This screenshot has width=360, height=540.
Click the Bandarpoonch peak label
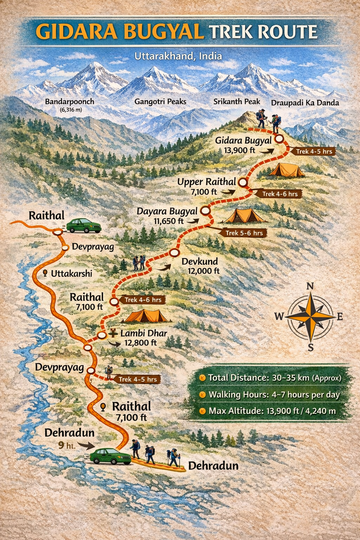pos(70,102)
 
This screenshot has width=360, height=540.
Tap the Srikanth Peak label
pos(237,102)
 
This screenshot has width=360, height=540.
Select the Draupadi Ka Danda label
pos(305,103)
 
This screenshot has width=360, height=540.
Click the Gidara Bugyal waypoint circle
pos(279,139)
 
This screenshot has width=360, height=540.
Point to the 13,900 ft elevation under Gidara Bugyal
pos(239,150)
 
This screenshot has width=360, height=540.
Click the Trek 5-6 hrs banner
pos(244,233)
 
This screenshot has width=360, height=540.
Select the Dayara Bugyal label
pos(167,211)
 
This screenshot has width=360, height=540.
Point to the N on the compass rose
pos(310,286)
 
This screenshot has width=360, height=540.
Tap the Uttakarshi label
pos(71,274)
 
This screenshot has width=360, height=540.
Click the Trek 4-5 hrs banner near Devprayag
pos(137,379)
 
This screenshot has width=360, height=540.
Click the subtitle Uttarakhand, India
pos(178,56)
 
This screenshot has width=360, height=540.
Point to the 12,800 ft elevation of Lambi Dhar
pos(141,342)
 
